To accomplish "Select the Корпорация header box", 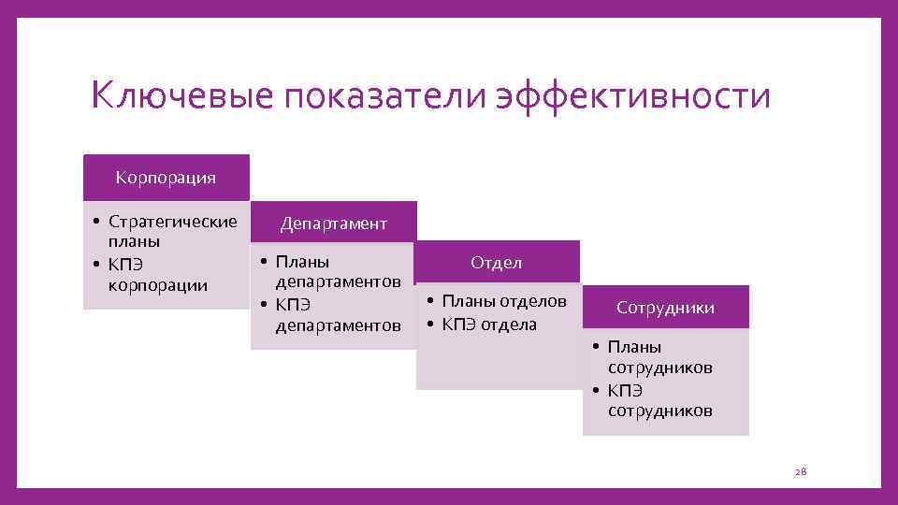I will tap(166, 177).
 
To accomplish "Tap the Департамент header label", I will tap(333, 224).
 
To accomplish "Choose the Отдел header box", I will tap(497, 263).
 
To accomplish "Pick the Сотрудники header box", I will tap(665, 308).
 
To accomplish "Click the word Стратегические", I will tap(173, 222).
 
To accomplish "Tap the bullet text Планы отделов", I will tap(504, 301).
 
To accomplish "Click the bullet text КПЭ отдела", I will tap(489, 325).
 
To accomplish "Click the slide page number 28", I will tap(800, 473).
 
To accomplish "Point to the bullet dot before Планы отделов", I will tap(427, 301).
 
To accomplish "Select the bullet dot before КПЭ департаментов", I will tap(264, 306).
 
